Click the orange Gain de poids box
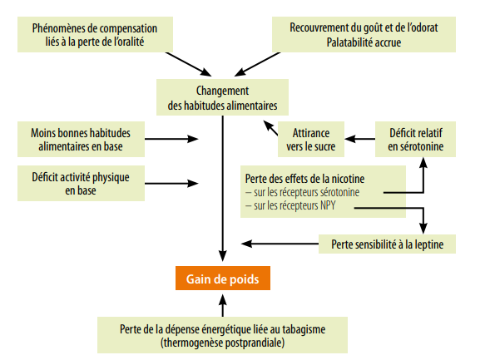[223, 279]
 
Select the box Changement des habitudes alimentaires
[222, 97]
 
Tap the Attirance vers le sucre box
[311, 139]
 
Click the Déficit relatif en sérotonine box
[415, 139]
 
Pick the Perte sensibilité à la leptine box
[387, 244]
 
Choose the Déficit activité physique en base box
[81, 183]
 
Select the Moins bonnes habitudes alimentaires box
[81, 139]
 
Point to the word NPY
[328, 205]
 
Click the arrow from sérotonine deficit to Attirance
[360, 139]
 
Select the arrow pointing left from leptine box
[280, 244]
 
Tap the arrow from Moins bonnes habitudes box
[171, 139]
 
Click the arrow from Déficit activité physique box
[171, 183]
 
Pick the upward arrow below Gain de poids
[222, 306]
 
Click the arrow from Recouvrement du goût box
[258, 64]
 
